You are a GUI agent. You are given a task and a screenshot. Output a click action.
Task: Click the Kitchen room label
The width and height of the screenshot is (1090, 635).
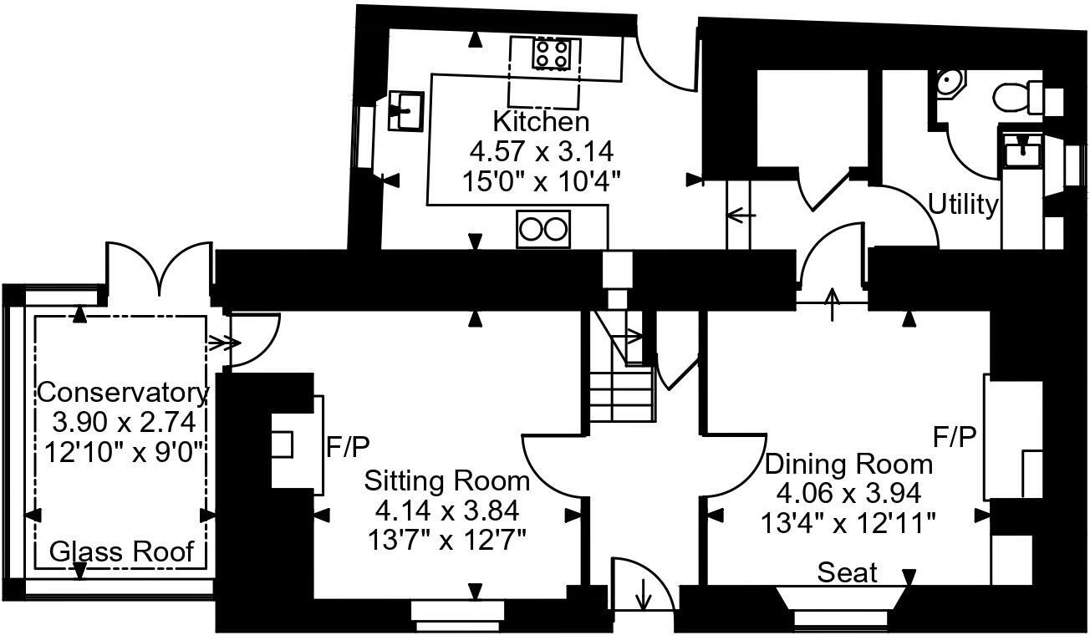(x=541, y=122)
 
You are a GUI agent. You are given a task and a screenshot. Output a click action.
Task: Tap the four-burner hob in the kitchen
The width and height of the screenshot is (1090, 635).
(x=553, y=55)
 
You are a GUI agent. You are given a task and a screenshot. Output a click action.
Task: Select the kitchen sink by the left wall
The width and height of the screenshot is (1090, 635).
(x=406, y=111)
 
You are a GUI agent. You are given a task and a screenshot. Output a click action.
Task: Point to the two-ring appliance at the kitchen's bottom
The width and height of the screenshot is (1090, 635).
(x=543, y=229)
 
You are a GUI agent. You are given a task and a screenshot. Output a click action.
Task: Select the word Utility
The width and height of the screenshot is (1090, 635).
(x=963, y=205)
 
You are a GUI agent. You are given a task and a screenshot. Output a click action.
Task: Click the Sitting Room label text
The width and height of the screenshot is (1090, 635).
(x=447, y=481)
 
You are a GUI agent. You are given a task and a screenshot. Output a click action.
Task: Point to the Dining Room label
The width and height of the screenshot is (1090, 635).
(x=848, y=464)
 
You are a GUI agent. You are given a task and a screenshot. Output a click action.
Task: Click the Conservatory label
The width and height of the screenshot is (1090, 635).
(x=123, y=392)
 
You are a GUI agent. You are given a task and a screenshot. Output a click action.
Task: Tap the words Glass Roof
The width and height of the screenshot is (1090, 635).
(x=122, y=551)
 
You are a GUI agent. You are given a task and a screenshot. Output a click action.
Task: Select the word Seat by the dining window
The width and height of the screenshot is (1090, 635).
(x=848, y=573)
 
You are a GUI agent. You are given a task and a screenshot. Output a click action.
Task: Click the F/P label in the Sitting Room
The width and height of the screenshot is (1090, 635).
(x=347, y=447)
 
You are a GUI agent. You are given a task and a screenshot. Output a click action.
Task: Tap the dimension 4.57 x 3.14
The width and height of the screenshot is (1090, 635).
(x=541, y=151)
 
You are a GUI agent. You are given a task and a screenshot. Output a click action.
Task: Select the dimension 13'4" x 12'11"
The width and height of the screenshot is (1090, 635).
(x=848, y=524)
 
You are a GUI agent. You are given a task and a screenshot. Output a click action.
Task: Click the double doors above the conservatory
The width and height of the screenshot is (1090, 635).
(x=157, y=267)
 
